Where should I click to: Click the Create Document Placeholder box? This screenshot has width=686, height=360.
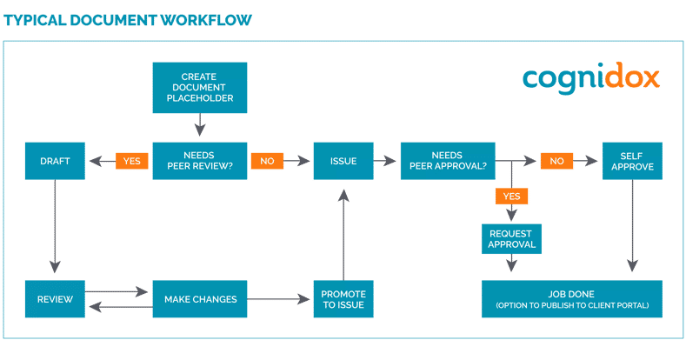point(200,87)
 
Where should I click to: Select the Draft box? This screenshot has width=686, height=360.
point(56,161)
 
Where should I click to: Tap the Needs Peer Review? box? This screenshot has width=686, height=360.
point(200,161)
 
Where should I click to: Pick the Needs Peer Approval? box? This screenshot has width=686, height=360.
point(447,161)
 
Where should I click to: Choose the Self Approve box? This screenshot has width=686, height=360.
point(632,161)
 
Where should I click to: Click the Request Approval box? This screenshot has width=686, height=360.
point(511,238)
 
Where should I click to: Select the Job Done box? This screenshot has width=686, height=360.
point(571,299)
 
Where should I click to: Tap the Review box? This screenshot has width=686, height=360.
point(55,299)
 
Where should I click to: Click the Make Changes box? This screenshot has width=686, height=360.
point(200,299)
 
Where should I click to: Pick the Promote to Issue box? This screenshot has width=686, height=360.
point(343,299)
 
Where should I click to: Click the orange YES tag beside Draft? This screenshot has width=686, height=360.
point(131,161)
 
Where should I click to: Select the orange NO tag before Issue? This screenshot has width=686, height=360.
point(266,161)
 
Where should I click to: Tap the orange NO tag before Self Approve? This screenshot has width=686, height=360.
point(556,161)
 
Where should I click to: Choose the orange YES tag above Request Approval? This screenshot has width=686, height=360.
point(511,196)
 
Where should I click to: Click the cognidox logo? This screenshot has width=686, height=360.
point(591,78)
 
